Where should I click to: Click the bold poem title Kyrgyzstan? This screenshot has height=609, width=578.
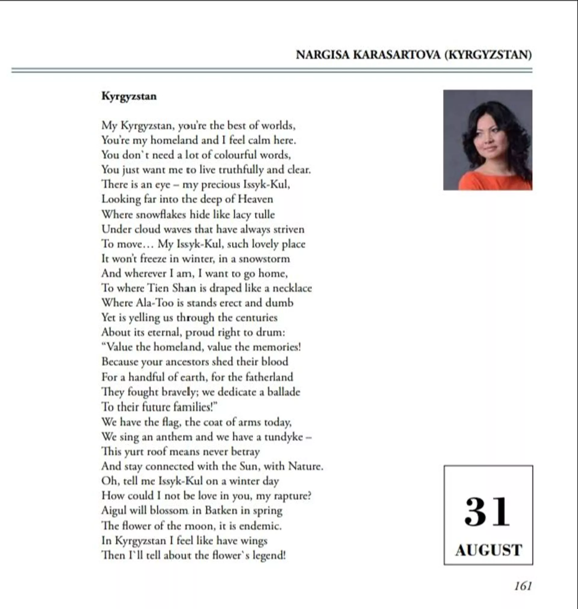click(129, 96)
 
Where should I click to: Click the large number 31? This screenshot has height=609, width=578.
click(487, 512)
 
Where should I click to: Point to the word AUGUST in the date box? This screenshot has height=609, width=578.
click(489, 550)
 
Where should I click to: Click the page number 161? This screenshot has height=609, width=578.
click(523, 586)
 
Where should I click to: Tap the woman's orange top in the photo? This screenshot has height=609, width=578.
click(493, 182)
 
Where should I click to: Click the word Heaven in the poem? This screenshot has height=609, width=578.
click(255, 199)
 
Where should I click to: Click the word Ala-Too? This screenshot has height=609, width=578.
click(155, 303)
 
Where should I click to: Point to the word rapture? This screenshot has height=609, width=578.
click(292, 496)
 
